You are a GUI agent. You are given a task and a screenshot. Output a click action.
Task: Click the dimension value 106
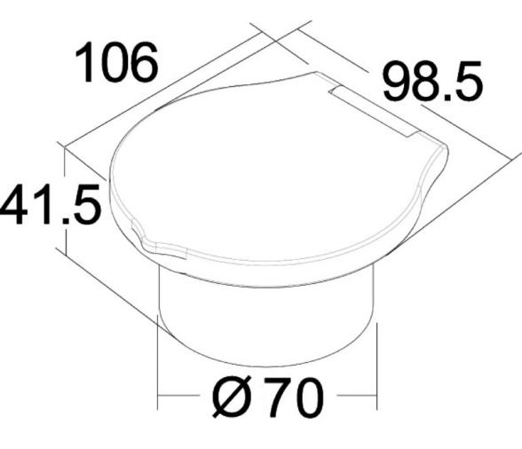[x=117, y=63]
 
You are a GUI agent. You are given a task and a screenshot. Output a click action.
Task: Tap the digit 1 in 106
[x=84, y=63]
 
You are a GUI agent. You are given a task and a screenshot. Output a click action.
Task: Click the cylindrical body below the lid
[x=266, y=311]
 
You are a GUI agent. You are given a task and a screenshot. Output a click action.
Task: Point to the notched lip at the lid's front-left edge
[x=146, y=238]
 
